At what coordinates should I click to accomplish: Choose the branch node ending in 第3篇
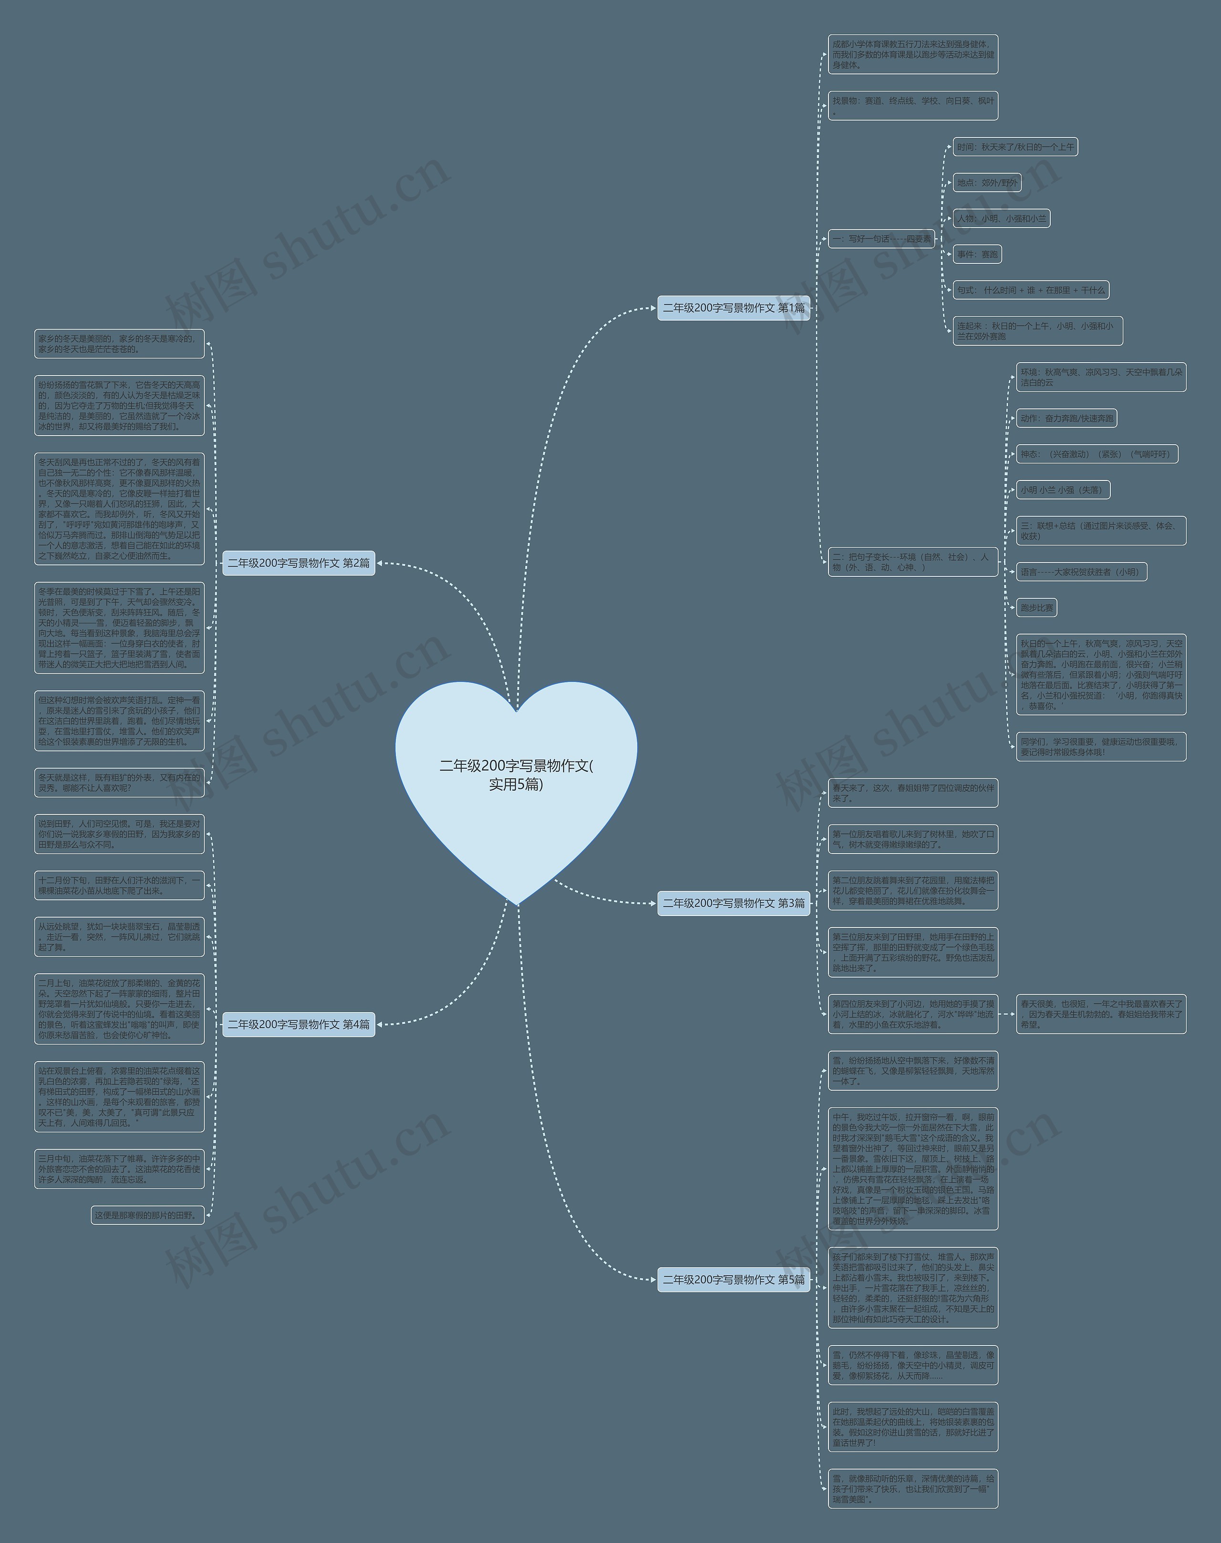coord(734,903)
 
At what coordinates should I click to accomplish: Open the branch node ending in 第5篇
coord(734,1279)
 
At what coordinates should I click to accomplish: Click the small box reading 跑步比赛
coord(1036,608)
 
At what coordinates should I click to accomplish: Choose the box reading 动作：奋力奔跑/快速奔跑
coord(1066,418)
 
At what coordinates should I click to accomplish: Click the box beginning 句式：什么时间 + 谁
coord(1031,290)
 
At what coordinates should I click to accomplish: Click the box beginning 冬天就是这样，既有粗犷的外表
coord(119,782)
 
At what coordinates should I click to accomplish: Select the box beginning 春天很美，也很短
coord(1101,1014)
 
